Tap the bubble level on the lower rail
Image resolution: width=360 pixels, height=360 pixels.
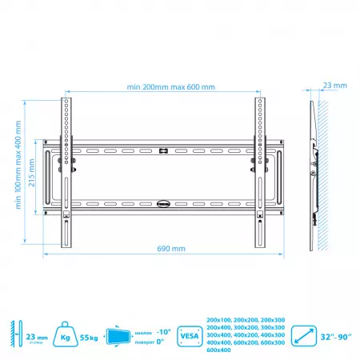pos(164,203)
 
